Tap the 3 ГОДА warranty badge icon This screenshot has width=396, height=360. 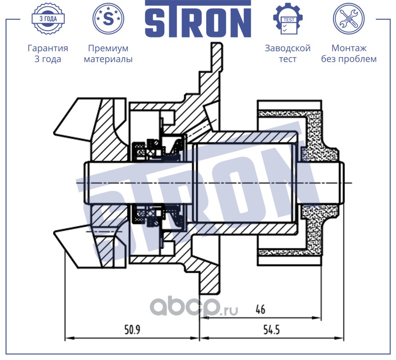(x=48, y=19)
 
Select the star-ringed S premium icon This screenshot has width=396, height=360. (x=108, y=19)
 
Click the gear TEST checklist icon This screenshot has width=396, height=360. (x=288, y=19)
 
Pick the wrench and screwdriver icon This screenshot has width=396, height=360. (x=348, y=19)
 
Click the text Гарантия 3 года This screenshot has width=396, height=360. (x=48, y=54)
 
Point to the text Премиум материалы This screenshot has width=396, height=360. (x=108, y=54)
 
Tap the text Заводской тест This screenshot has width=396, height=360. (x=288, y=54)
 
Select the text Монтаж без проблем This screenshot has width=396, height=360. (x=349, y=54)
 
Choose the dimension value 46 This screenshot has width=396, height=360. (x=260, y=310)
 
